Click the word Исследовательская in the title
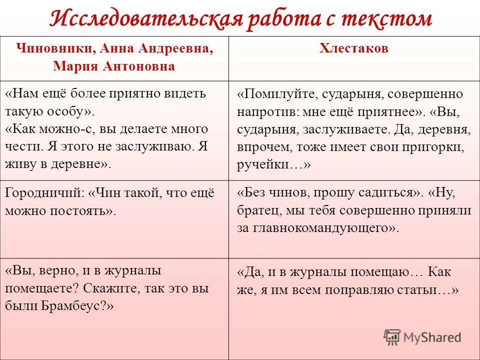(x=145, y=18)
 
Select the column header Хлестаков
(x=354, y=48)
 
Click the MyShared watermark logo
(x=422, y=337)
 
